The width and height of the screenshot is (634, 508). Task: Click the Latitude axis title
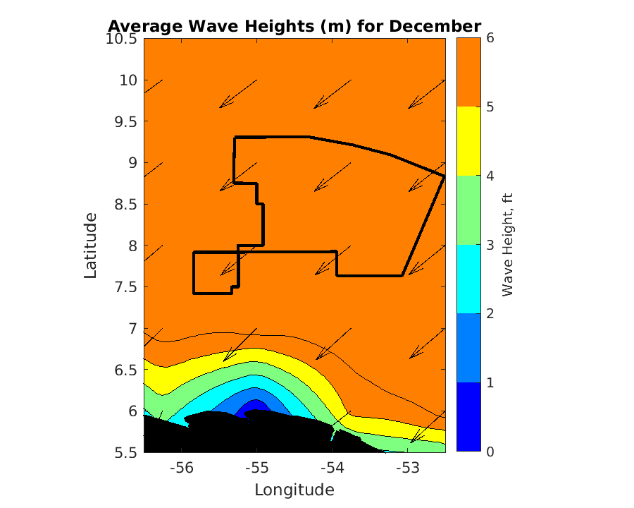pyautogui.click(x=91, y=245)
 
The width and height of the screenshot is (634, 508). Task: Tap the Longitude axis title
pyautogui.click(x=294, y=490)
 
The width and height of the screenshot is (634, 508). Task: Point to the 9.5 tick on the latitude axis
pyautogui.click(x=128, y=121)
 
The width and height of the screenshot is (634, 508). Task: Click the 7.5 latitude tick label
pyautogui.click(x=128, y=287)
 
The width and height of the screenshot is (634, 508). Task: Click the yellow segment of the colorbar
pyautogui.click(x=468, y=141)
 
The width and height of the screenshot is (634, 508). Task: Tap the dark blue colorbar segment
pyautogui.click(x=468, y=416)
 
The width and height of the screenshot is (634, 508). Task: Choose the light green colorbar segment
pyautogui.click(x=468, y=210)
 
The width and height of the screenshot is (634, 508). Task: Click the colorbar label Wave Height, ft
pyautogui.click(x=506, y=245)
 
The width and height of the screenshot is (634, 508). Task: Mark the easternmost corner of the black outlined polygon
pyautogui.click(x=444, y=175)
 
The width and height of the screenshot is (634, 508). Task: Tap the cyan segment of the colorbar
pyautogui.click(x=468, y=279)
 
